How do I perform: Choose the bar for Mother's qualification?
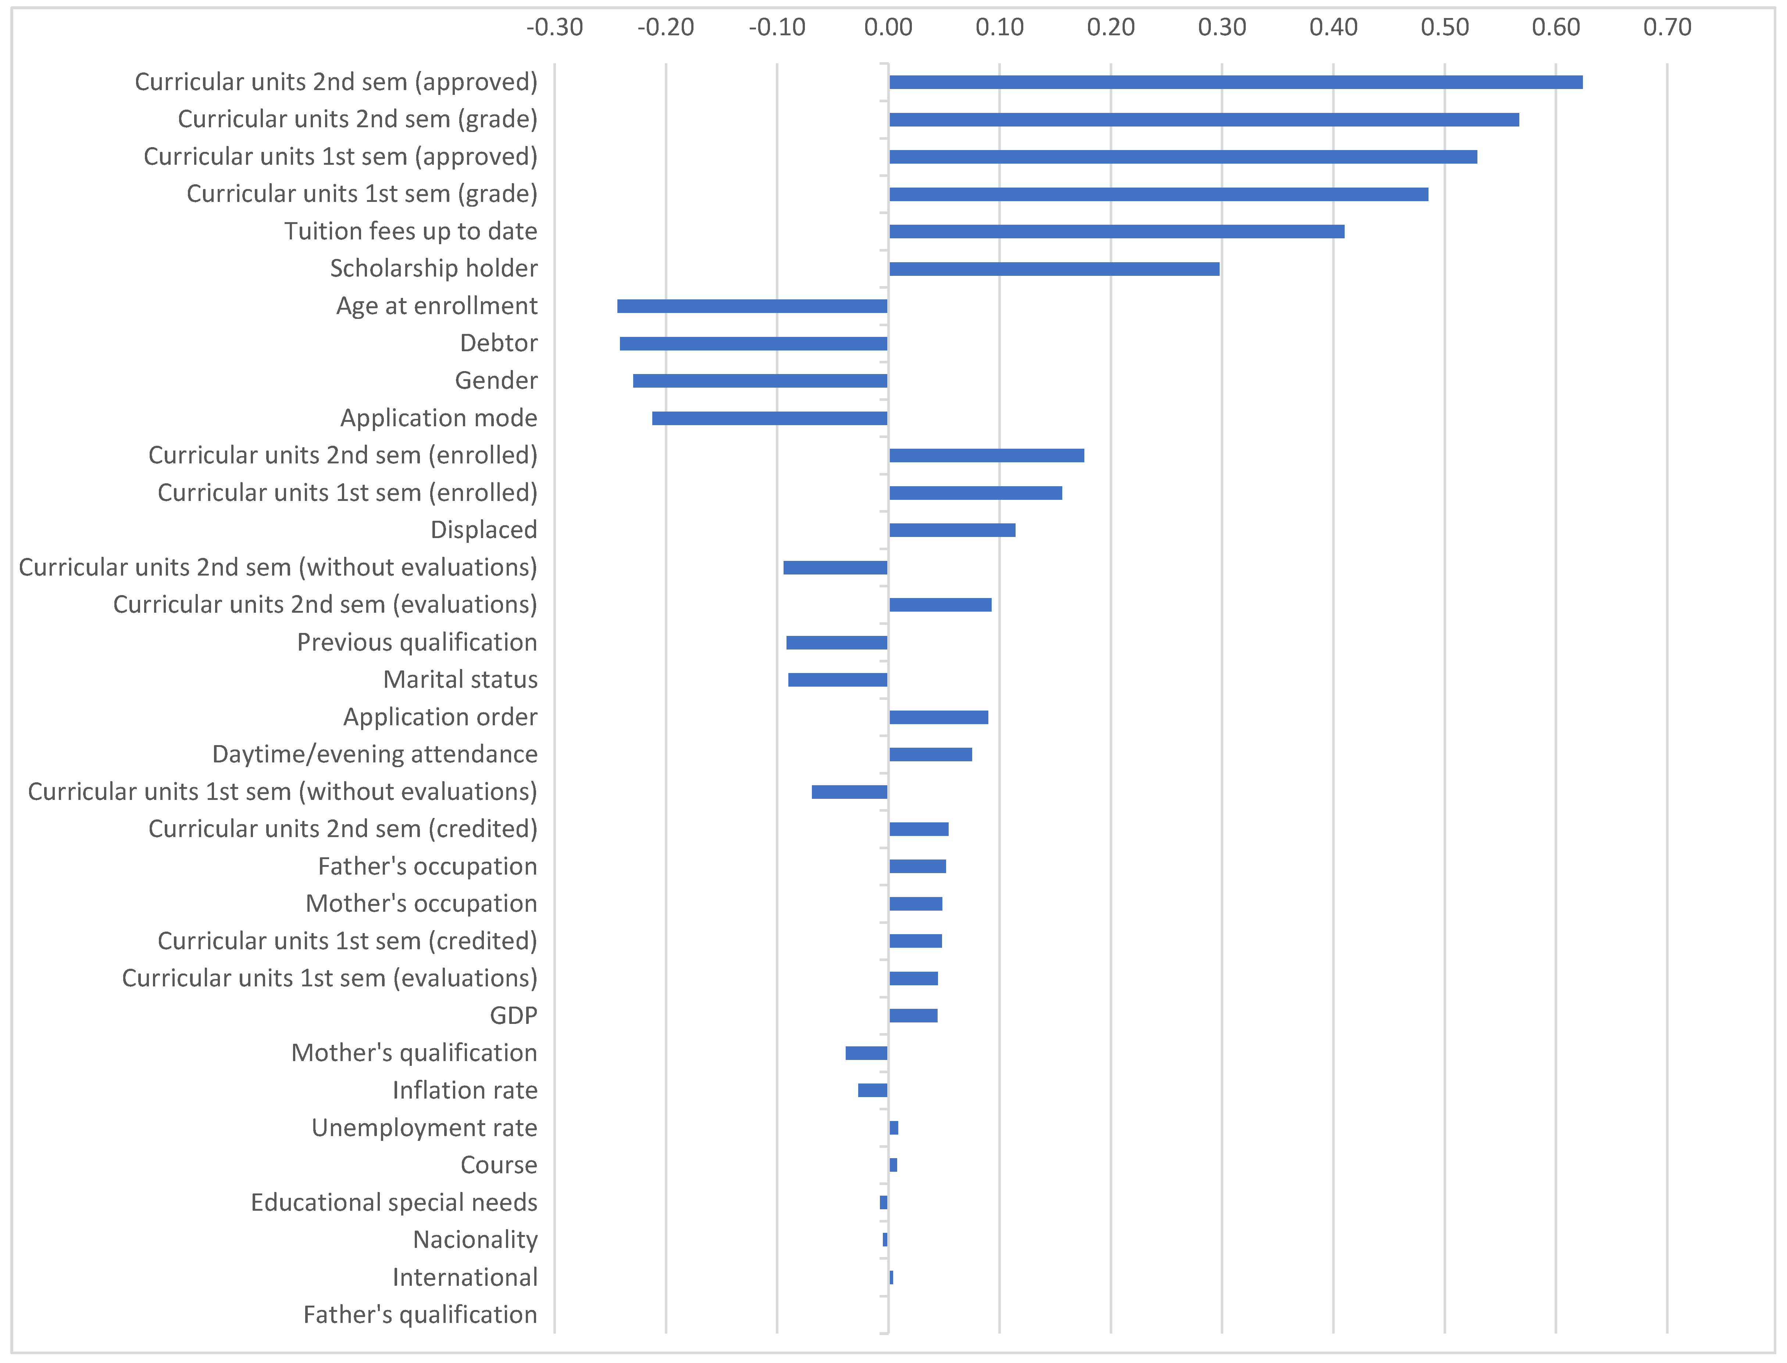coord(866,1053)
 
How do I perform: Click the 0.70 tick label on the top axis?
coord(1667,28)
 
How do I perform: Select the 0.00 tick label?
coord(888,28)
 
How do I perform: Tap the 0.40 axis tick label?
coord(1333,28)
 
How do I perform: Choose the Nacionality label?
coord(475,1240)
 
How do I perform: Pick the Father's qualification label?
coord(420,1314)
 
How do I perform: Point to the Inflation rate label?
coord(465,1090)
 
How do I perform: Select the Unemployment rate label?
coord(424,1128)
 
